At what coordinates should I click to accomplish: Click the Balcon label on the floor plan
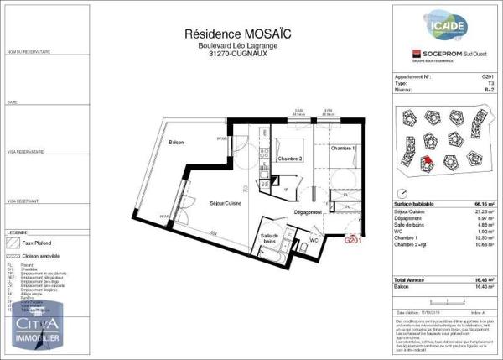click(175, 143)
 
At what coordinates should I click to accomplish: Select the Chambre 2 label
click(289, 158)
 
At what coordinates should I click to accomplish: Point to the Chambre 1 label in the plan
click(343, 148)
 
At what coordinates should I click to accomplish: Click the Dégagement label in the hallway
click(309, 213)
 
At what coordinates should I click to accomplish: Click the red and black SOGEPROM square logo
click(404, 55)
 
